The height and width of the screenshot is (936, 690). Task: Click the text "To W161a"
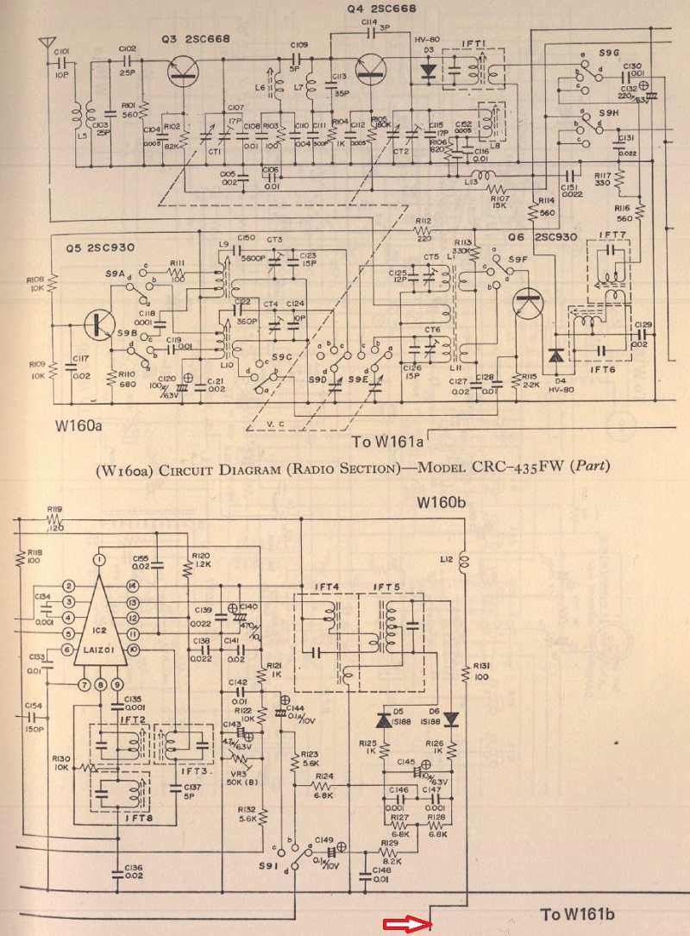point(388,443)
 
